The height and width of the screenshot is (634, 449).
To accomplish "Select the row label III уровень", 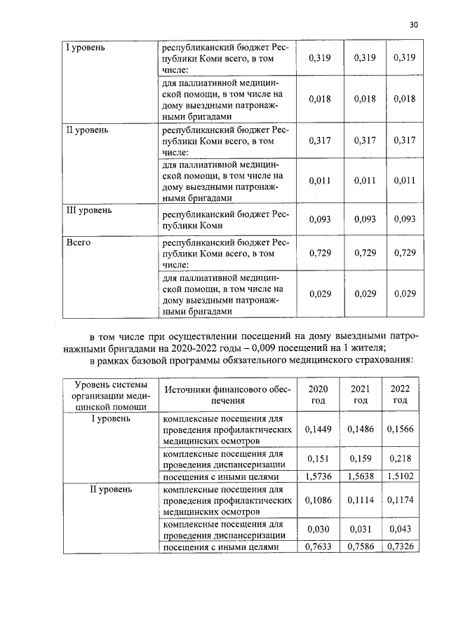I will (x=88, y=210).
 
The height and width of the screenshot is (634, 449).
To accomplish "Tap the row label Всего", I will (x=77, y=242).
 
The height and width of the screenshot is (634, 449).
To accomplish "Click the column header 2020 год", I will (x=318, y=394).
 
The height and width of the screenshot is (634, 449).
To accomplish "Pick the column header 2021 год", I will (x=360, y=394).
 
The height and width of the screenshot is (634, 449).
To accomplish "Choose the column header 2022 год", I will (x=400, y=394).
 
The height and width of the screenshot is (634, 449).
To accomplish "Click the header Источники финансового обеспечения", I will (x=226, y=394).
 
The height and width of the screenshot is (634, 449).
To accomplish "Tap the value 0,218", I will (x=400, y=459).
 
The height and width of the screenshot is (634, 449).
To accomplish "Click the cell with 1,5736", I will (x=318, y=476).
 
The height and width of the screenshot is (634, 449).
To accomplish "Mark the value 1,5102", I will (x=400, y=476).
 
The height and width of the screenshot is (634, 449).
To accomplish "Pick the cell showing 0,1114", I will (x=360, y=502).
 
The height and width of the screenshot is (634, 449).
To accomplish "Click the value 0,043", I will (x=400, y=530).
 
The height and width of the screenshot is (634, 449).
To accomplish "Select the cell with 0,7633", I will (x=318, y=546).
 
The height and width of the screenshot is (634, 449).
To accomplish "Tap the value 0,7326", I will (x=400, y=546).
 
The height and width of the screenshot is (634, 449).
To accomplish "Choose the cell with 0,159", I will (x=360, y=459).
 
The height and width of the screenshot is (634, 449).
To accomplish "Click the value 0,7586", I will (x=360, y=546).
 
